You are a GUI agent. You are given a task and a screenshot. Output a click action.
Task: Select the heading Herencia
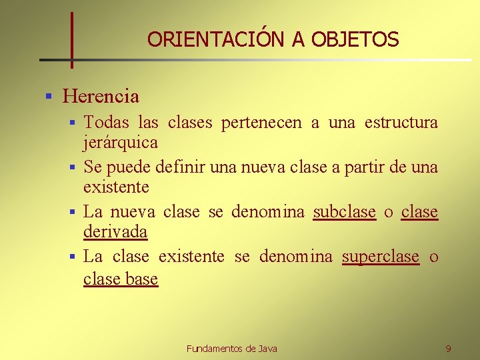coord(101,97)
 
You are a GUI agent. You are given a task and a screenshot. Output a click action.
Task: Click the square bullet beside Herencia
coord(49,97)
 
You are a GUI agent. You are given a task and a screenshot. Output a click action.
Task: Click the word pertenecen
coord(261,123)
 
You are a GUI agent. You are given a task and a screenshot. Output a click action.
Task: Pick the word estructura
coord(401,123)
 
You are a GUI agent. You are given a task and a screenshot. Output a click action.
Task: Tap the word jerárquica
coord(121,142)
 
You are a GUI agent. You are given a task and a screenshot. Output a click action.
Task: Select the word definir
coord(181,167)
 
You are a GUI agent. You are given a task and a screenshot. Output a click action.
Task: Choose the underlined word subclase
coord(345,212)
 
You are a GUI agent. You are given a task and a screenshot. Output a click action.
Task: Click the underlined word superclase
coord(381,257)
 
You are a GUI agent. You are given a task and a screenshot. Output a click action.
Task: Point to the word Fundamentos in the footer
coord(215,349)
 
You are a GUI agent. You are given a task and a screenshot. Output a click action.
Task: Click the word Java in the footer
coord(268,349)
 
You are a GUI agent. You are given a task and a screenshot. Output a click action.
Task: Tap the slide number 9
coord(448,349)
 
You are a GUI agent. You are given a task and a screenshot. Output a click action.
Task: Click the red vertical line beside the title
coord(72,40)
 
